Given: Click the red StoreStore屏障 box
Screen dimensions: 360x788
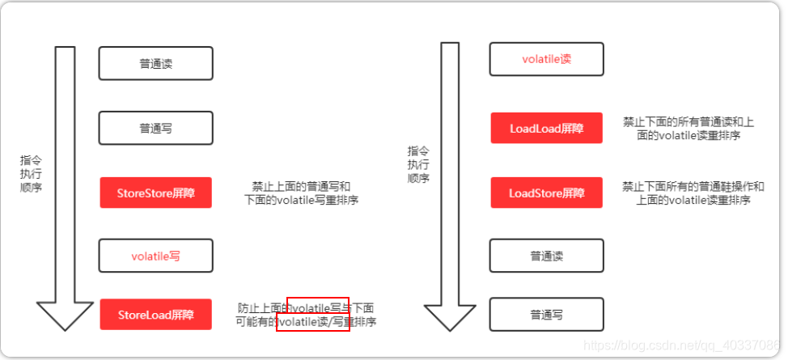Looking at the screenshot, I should pyautogui.click(x=155, y=193).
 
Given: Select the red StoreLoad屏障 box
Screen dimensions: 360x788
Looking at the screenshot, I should pyautogui.click(x=155, y=314).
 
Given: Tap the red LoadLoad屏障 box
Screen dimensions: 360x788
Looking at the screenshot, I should pyautogui.click(x=546, y=128).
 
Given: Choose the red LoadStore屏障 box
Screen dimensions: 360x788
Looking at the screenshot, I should pyautogui.click(x=546, y=193).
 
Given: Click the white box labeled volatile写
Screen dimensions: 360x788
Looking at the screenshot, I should pyautogui.click(x=155, y=256).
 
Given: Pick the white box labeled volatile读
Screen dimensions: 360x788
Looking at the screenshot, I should pyautogui.click(x=546, y=59).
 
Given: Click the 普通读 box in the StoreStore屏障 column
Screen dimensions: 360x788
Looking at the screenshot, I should pyautogui.click(x=155, y=63).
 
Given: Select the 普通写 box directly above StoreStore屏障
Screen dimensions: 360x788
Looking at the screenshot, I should pyautogui.click(x=155, y=128).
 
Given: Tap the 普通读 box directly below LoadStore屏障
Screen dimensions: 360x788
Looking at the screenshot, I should pyautogui.click(x=546, y=256).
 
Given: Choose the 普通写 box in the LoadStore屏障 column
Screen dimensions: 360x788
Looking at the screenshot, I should pyautogui.click(x=546, y=314).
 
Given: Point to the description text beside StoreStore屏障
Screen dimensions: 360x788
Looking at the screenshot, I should pyautogui.click(x=301, y=193).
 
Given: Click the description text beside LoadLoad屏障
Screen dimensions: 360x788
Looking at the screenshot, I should pyautogui.click(x=688, y=128).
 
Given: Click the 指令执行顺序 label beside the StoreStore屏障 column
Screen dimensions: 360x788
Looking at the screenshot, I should pyautogui.click(x=32, y=174).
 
